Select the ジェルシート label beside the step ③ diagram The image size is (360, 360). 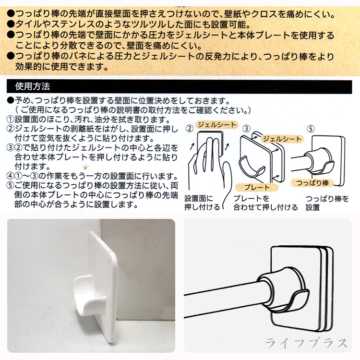tap(282, 139)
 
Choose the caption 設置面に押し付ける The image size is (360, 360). tap(202, 203)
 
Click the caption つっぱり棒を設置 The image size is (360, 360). tap(327, 203)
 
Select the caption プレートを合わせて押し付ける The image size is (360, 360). tap(265, 203)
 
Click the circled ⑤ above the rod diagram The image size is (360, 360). tap(311, 129)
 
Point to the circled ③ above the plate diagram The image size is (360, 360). tap(246, 129)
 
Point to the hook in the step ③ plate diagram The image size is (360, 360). tap(252, 165)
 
